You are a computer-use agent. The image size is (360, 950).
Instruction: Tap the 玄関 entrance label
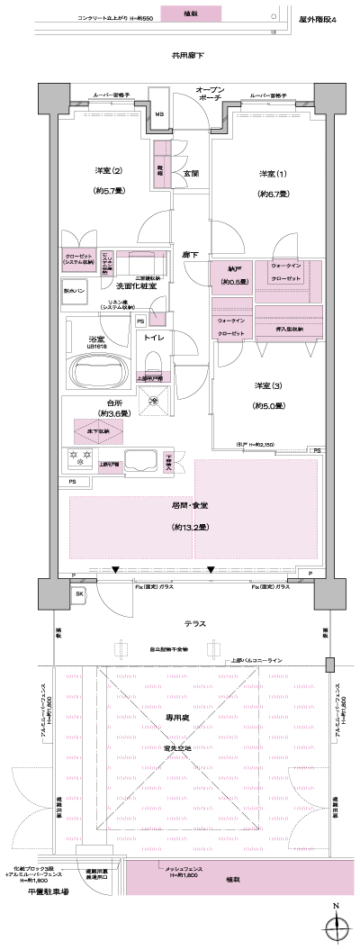[191, 174]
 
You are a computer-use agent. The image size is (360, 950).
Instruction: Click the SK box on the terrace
[79, 595]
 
